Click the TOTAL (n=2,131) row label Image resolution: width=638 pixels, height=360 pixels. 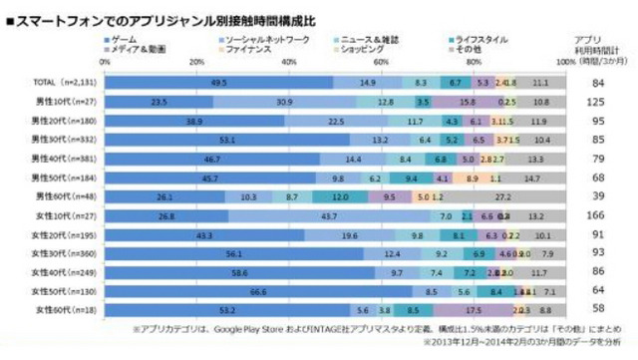coord(52,83)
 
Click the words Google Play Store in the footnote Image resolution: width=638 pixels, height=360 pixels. coord(257,328)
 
